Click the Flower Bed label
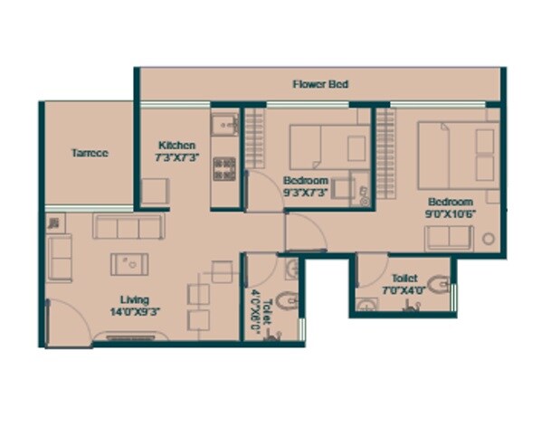point(320,84)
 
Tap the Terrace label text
point(90,153)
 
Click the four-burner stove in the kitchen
point(224,167)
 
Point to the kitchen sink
point(223,124)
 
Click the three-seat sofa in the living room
point(129,227)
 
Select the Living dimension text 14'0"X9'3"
point(135,312)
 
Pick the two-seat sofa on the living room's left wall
point(60,258)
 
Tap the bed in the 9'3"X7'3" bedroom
point(329,146)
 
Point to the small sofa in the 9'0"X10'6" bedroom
point(449,237)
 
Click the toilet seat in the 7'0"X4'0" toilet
point(439,285)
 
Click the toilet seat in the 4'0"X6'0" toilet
point(285,300)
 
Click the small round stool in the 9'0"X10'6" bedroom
point(489,239)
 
